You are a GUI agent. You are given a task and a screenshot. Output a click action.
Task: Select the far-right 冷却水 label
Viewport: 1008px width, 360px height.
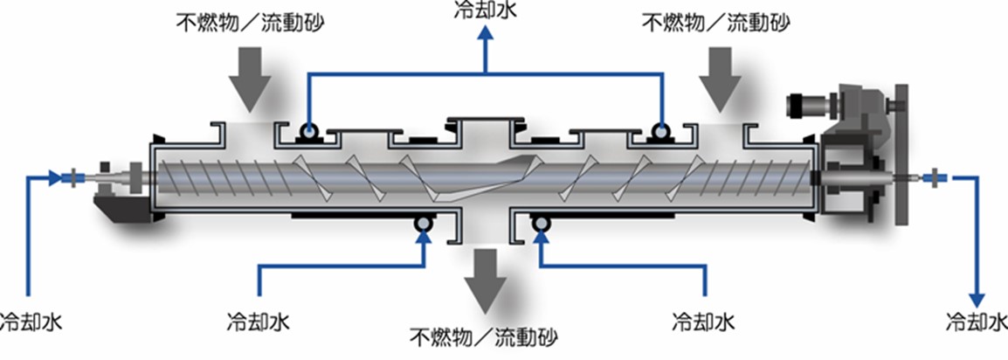pyautogui.click(x=977, y=322)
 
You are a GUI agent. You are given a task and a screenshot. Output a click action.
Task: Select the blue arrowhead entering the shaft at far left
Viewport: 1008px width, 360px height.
pyautogui.click(x=57, y=177)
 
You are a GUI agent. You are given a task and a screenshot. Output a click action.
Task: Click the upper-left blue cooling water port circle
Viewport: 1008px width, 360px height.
pyautogui.click(x=308, y=133)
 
